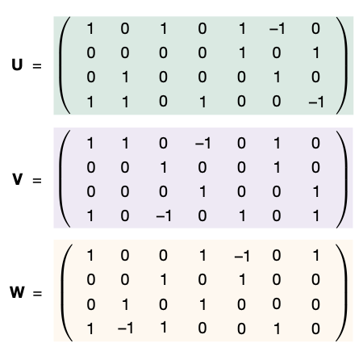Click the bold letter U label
(17, 65)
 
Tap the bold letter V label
(17, 179)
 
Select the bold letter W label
(17, 292)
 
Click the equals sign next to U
(37, 65)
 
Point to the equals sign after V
(37, 180)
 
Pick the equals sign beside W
(37, 293)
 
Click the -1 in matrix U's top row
(277, 28)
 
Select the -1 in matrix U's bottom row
(316, 102)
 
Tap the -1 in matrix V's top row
(202, 143)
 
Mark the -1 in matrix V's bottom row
(164, 216)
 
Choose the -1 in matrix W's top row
(242, 256)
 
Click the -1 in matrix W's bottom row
(125, 329)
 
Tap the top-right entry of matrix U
(315, 28)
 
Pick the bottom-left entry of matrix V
(90, 216)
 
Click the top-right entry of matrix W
(316, 255)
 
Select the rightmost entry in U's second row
(316, 52)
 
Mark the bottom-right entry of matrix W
(315, 329)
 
